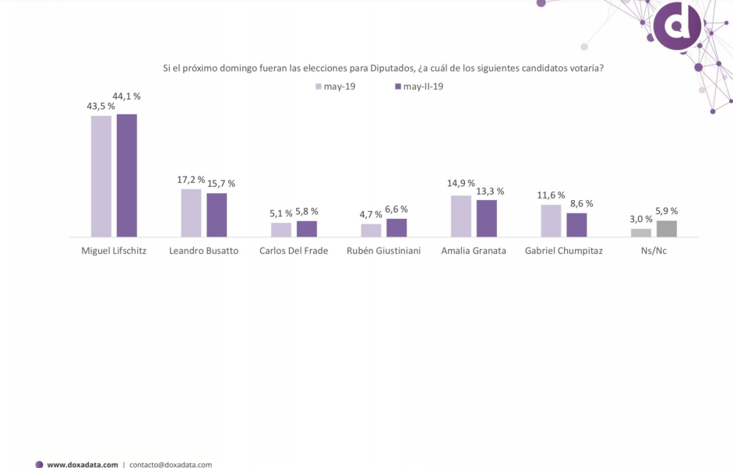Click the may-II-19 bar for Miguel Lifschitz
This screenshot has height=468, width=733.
pyautogui.click(x=127, y=175)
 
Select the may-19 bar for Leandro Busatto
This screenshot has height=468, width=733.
pyautogui.click(x=191, y=213)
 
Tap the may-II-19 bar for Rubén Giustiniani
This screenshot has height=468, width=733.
pyautogui.click(x=396, y=227)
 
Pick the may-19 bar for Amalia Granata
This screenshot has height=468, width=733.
pyautogui.click(x=461, y=216)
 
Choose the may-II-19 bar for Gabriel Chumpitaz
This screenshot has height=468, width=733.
pyautogui.click(x=576, y=224)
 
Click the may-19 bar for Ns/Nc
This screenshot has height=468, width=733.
pyautogui.click(x=641, y=232)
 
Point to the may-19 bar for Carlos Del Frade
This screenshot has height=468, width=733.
pyautogui.click(x=281, y=230)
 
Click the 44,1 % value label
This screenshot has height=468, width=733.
pyautogui.click(x=126, y=96)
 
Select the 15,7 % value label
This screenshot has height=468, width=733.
pyautogui.click(x=220, y=184)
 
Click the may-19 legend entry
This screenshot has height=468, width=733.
pyautogui.click(x=335, y=86)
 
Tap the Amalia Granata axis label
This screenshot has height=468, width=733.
pyautogui.click(x=474, y=251)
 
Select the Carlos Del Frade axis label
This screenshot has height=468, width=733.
pyautogui.click(x=294, y=251)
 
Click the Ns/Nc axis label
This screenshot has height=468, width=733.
pyautogui.click(x=654, y=251)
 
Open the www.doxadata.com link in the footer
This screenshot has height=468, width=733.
pyautogui.click(x=83, y=464)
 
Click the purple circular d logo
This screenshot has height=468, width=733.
pyautogui.click(x=677, y=26)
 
